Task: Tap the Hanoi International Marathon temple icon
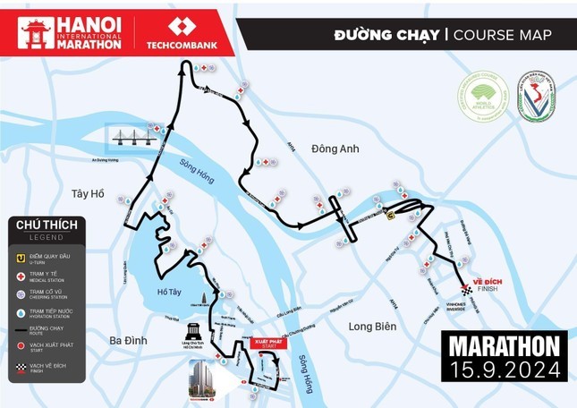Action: [x=36, y=33]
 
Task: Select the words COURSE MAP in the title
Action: [x=502, y=35]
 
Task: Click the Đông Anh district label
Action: [x=335, y=149]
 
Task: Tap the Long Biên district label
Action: [x=372, y=327]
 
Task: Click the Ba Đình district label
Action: [x=128, y=340]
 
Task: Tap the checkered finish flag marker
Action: [x=466, y=289]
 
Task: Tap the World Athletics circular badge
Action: [x=483, y=97]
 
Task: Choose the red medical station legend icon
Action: [x=21, y=275]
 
